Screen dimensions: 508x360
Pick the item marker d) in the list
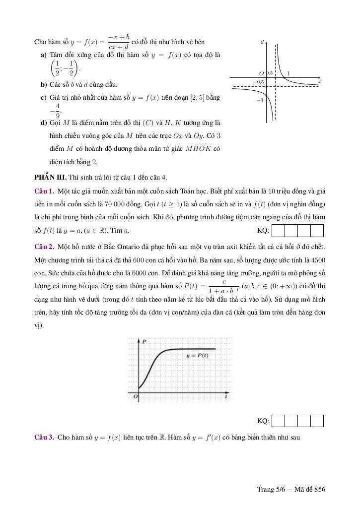pyautogui.click(x=43, y=123)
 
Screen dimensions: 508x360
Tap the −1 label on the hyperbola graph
pyautogui.click(x=259, y=100)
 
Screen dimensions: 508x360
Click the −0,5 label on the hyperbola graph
pyautogui.click(x=258, y=81)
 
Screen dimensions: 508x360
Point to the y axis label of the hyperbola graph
pyautogui.click(x=262, y=42)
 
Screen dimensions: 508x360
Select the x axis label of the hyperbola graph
pyautogui.click(x=320, y=81)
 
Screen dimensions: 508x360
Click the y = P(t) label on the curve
pyautogui.click(x=197, y=356)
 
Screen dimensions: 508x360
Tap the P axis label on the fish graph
pyautogui.click(x=144, y=342)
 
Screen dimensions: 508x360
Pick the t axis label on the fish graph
pyautogui.click(x=226, y=396)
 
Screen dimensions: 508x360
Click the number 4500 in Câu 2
pyautogui.click(x=318, y=259)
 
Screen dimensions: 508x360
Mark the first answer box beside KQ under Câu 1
pyautogui.click(x=279, y=231)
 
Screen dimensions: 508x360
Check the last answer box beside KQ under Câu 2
pyautogui.click(x=317, y=421)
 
